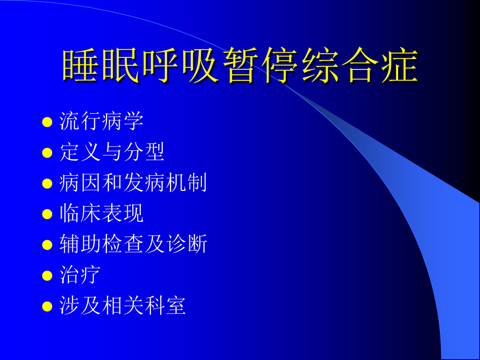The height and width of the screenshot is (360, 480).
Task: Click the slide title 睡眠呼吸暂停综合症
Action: point(240,66)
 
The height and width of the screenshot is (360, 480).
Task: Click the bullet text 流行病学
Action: point(102,122)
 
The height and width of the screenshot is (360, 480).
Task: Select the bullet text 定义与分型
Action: point(112,152)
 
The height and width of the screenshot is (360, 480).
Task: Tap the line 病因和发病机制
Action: point(134,183)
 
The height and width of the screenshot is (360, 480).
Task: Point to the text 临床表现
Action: point(102,213)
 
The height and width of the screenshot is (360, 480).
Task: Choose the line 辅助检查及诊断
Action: point(134,244)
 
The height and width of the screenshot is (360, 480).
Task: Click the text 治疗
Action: point(80,274)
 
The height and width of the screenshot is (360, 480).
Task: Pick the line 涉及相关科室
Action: point(123,305)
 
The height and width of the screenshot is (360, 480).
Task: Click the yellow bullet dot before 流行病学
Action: point(47,123)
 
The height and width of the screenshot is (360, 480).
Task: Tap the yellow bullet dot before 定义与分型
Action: point(47,153)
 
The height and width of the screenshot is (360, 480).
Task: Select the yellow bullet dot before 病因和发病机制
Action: point(47,184)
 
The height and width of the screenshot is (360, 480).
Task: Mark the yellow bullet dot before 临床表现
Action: point(47,214)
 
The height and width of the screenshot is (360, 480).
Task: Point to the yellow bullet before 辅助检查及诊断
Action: point(47,245)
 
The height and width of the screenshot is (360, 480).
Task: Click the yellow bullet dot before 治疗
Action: point(47,275)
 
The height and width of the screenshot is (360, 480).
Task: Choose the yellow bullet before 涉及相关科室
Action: point(47,306)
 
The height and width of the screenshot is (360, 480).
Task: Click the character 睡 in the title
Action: point(81,66)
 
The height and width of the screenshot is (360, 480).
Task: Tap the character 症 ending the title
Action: point(400,66)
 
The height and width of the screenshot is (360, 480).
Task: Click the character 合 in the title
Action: point(360,66)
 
